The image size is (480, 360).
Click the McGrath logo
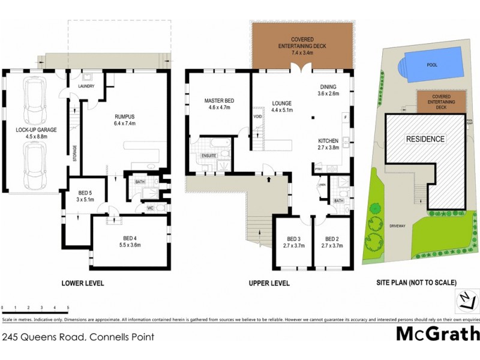pos(437,335)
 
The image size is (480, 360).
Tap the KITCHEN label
pos(328,142)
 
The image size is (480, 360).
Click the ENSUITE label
pos(209,157)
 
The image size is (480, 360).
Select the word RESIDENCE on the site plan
pos(426,139)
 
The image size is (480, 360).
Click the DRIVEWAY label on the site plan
pos(398,226)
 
